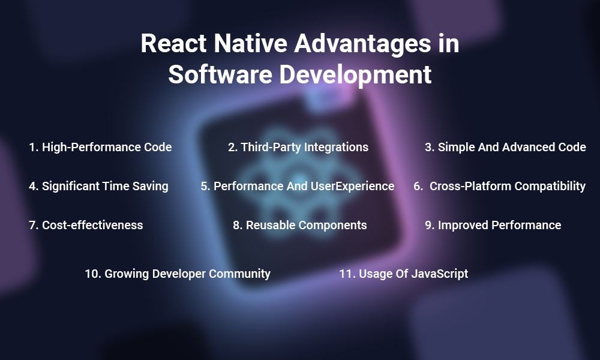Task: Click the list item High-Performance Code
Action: [x=100, y=147]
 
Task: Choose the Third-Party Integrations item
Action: [x=298, y=147]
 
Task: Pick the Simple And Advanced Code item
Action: [x=505, y=147]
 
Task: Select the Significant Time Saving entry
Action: [x=98, y=186]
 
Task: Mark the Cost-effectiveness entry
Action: [x=86, y=225]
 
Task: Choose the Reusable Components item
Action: [x=299, y=225]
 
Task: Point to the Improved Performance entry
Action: [x=493, y=225]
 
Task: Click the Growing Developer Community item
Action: [x=178, y=274]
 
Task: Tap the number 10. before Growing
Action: [x=92, y=274]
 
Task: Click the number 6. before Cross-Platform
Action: [x=418, y=186]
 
